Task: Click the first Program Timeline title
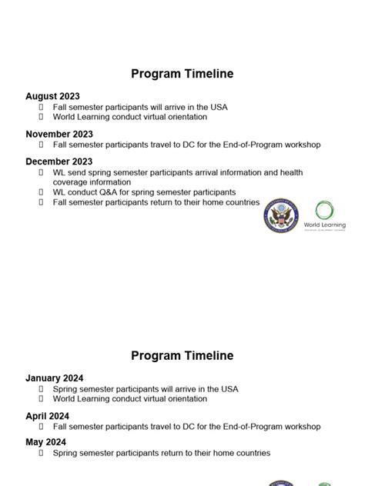click(x=182, y=75)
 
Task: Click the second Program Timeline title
click(x=182, y=356)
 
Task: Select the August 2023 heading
click(x=52, y=96)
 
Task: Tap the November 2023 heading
click(x=59, y=134)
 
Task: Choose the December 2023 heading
click(x=59, y=161)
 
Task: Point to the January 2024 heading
click(x=54, y=378)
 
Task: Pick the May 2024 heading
click(x=45, y=442)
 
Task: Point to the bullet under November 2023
click(x=42, y=145)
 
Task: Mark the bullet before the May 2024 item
click(x=42, y=453)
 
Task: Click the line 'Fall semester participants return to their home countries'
click(x=156, y=202)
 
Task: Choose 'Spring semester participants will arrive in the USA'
click(x=146, y=389)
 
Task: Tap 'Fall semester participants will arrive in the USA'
click(x=140, y=108)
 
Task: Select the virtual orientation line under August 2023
click(x=130, y=118)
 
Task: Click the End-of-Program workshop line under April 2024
click(x=186, y=427)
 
